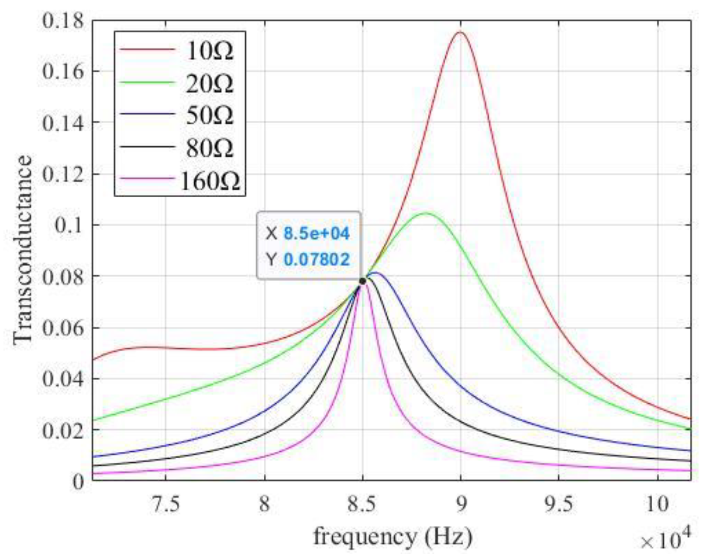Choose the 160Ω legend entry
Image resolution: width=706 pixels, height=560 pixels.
tap(210, 181)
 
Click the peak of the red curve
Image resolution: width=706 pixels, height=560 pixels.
tap(460, 32)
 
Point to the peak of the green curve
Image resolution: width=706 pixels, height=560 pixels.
tap(426, 213)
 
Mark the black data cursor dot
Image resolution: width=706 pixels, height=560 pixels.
tap(362, 281)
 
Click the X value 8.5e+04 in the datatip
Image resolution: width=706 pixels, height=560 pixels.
tap(317, 234)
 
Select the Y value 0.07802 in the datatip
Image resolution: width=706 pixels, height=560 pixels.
tap(317, 260)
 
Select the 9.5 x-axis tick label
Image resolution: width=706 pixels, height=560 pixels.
tap(559, 504)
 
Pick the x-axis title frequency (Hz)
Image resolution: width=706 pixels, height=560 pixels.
tap(392, 536)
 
